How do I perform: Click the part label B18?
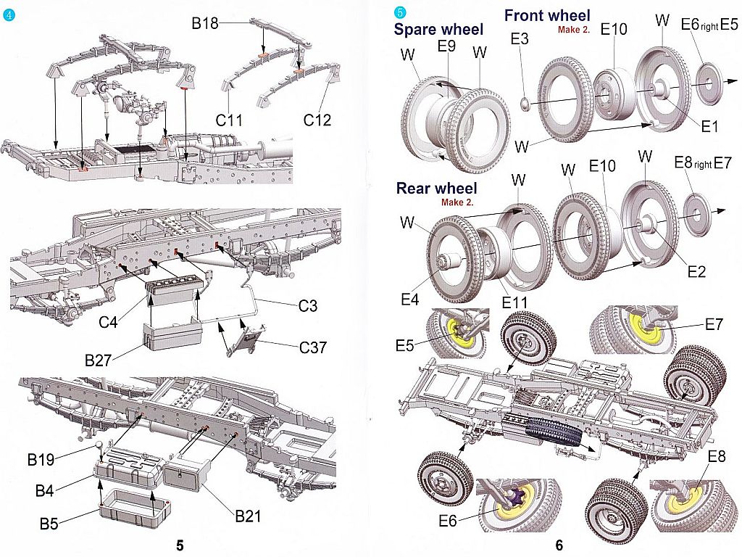tap(205, 24)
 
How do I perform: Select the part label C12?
tap(317, 120)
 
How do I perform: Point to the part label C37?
tap(313, 347)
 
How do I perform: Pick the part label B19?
tap(43, 458)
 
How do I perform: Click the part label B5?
tap(49, 523)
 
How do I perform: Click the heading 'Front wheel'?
tap(547, 15)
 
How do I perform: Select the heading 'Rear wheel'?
tap(436, 189)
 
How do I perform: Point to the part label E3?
tap(520, 39)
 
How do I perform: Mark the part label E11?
tap(514, 302)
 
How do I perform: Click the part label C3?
tap(308, 306)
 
